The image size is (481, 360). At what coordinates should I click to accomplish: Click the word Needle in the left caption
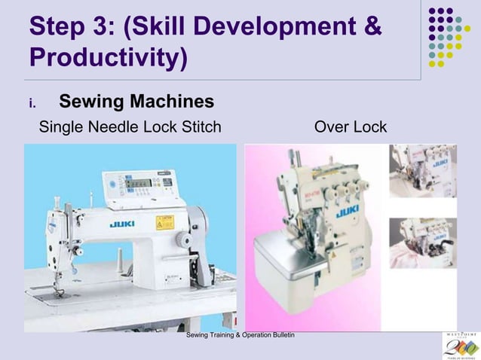[114, 127]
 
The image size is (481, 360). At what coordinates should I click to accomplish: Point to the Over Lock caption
[350, 127]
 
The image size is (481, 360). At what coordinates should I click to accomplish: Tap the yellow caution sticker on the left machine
[164, 222]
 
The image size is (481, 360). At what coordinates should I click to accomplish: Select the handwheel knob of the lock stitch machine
[200, 226]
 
